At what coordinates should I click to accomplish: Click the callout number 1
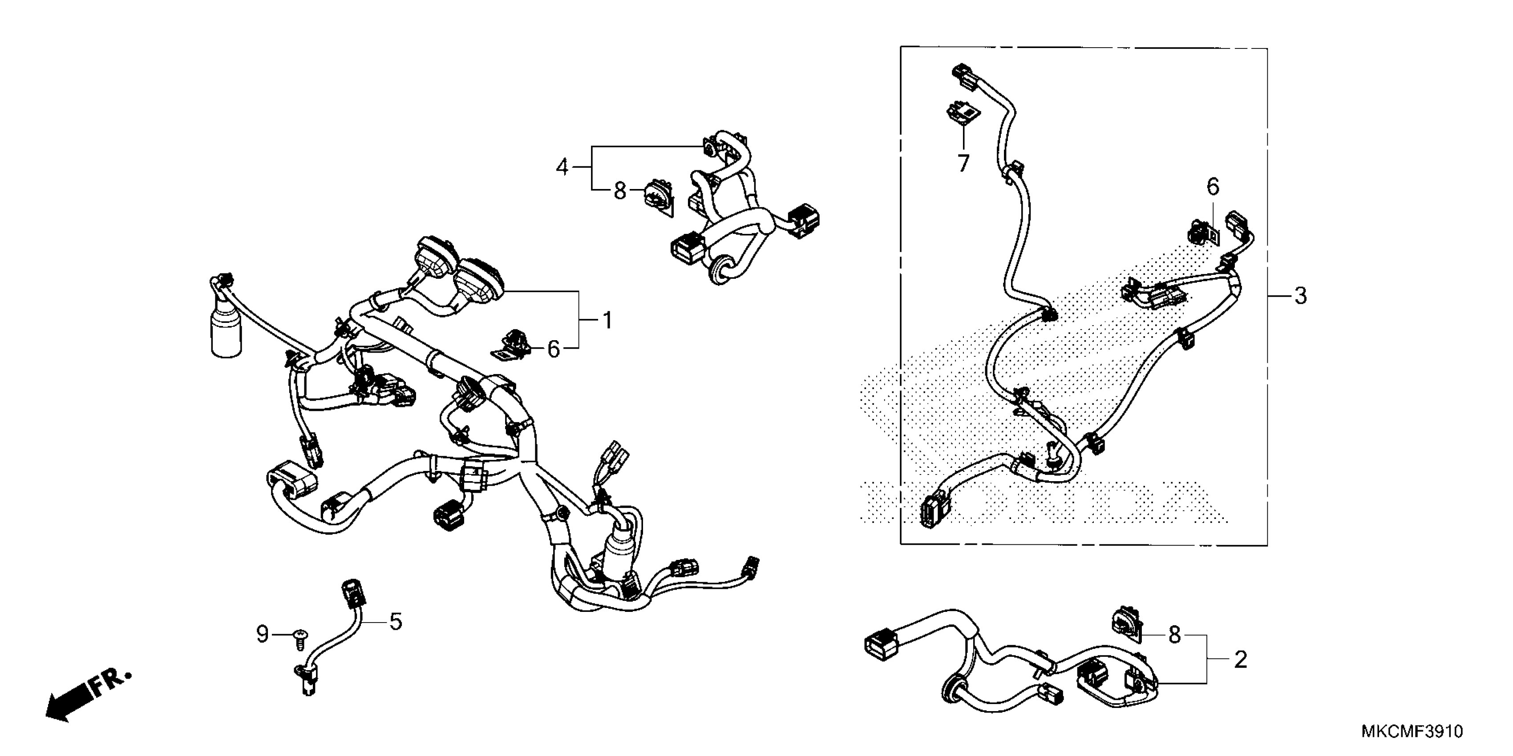click(x=607, y=321)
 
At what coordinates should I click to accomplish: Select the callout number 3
click(x=1300, y=296)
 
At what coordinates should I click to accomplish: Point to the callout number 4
click(x=562, y=168)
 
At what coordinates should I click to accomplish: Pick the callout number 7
click(x=963, y=163)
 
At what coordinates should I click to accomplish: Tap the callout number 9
click(x=263, y=634)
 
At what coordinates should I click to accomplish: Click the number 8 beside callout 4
click(x=619, y=191)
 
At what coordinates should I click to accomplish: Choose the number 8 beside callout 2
click(x=1174, y=635)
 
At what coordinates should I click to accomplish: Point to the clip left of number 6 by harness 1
click(x=510, y=345)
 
